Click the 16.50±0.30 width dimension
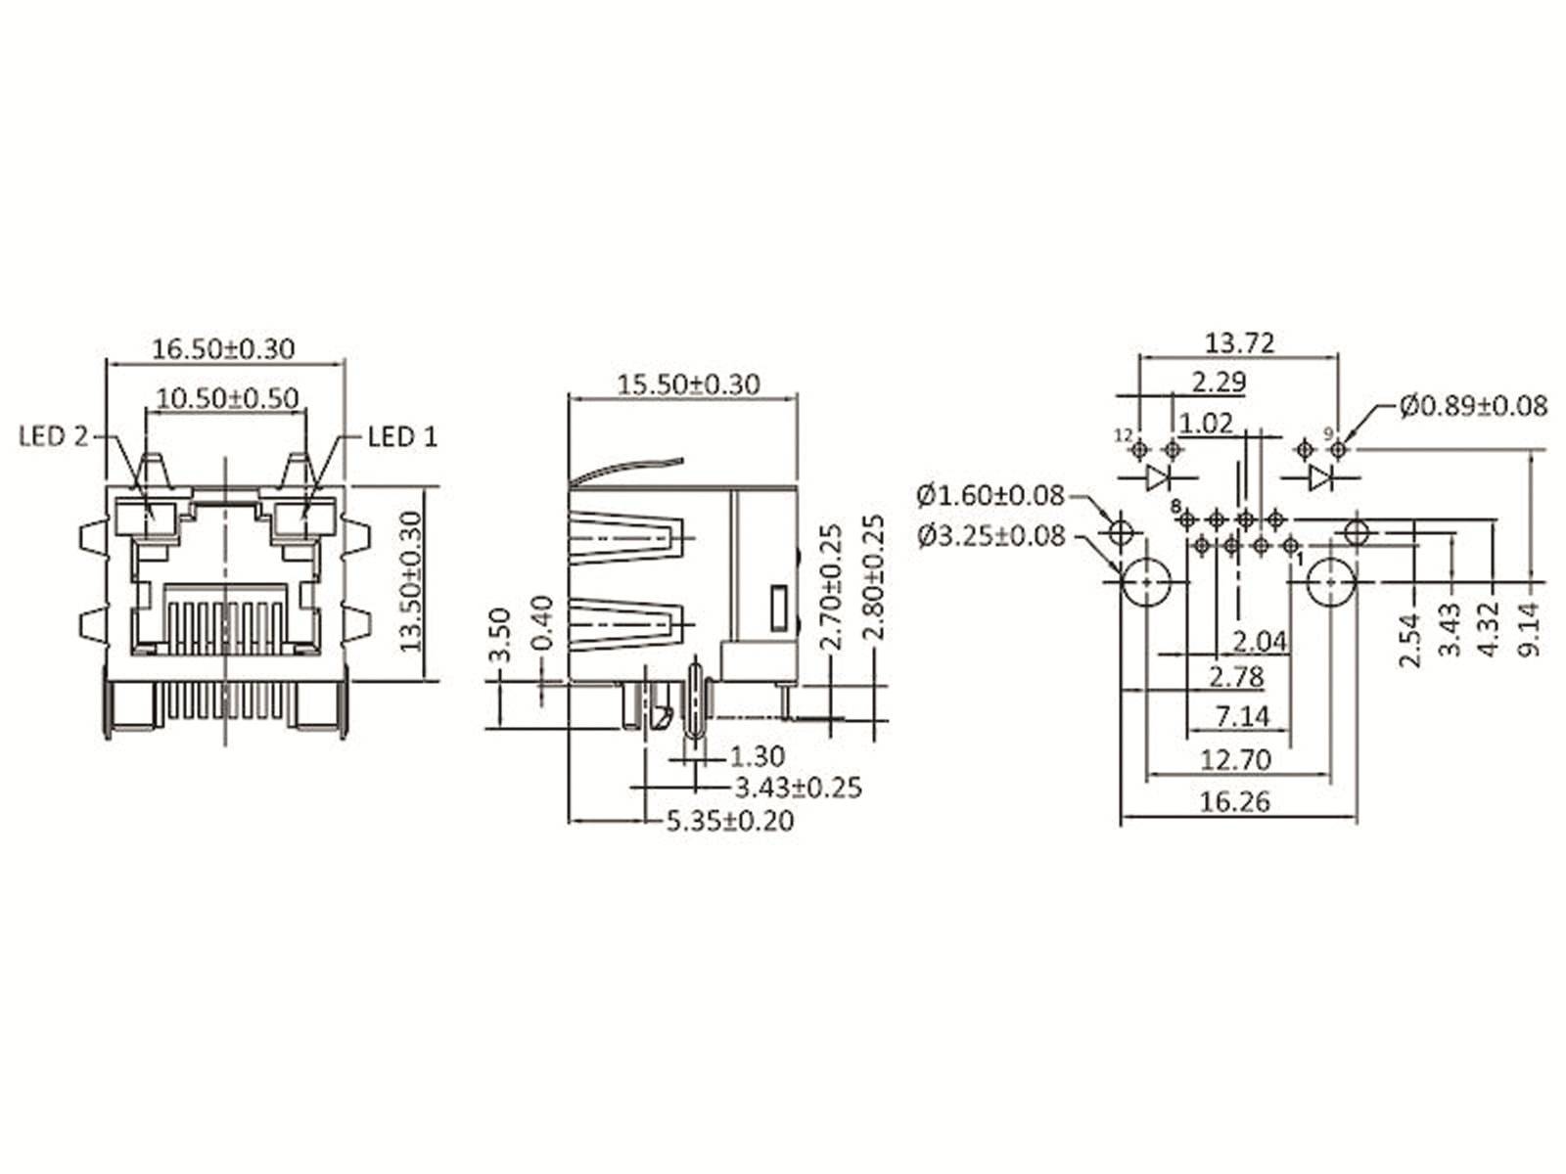tap(223, 348)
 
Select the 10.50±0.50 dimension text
tap(228, 398)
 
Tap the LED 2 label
tap(54, 436)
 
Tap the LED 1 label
tap(402, 436)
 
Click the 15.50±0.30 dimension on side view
tap(688, 384)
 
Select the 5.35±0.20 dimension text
tap(730, 821)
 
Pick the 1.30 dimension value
tap(758, 756)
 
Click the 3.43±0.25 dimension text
tap(798, 788)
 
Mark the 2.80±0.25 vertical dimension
tap(874, 577)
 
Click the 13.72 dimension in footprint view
tap(1239, 343)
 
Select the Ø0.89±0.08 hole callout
tap(1473, 405)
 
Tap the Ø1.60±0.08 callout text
tap(990, 496)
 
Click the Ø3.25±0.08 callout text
tap(990, 535)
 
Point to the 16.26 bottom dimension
tap(1235, 802)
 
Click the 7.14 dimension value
tap(1242, 717)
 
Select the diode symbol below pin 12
tap(1158, 477)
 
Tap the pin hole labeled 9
tap(1340, 449)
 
